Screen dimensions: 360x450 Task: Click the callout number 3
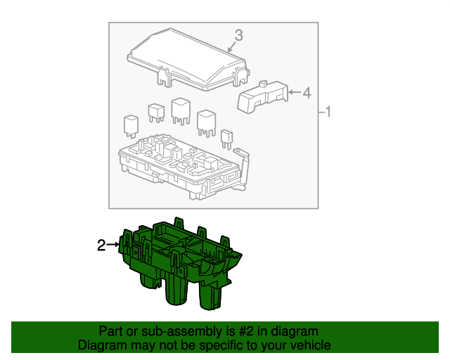pos(238,34)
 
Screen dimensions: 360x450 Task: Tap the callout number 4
pos(307,92)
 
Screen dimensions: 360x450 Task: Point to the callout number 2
pos(101,245)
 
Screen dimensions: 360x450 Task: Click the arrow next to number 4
pos(294,92)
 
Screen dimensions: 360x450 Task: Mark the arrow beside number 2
pos(112,245)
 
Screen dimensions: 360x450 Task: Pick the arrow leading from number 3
pos(233,47)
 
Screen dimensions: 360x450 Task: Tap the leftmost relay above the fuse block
pos(131,123)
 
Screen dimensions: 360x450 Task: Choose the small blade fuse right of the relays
pos(226,137)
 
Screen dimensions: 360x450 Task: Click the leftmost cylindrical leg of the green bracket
pos(148,279)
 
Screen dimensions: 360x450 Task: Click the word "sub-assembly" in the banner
pos(157,331)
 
